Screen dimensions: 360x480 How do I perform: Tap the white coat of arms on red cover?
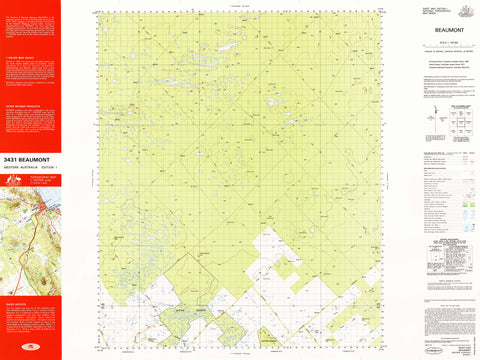click(x=14, y=180)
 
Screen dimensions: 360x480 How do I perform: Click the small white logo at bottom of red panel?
click(x=30, y=352)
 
